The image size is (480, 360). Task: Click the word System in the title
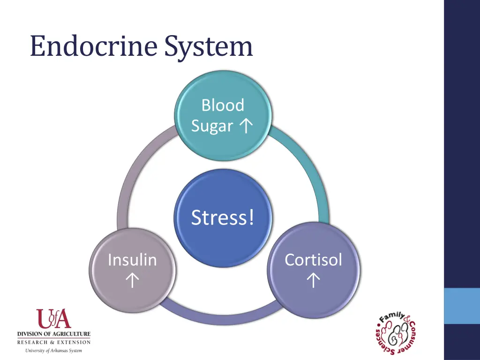click(209, 46)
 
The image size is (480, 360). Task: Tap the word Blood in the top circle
click(223, 105)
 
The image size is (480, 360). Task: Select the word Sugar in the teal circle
click(212, 126)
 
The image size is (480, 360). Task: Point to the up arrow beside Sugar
click(246, 125)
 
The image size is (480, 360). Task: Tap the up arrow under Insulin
click(132, 280)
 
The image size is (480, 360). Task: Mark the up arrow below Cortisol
click(313, 280)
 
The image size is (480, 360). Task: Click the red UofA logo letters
click(54, 319)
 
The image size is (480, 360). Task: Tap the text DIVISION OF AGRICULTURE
click(54, 334)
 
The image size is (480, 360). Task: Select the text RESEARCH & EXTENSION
click(54, 342)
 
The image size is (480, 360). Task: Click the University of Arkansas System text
click(54, 351)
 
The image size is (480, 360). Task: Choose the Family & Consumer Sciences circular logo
click(396, 333)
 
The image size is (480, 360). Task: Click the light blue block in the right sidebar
click(462, 306)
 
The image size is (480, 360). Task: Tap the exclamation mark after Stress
click(252, 217)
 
